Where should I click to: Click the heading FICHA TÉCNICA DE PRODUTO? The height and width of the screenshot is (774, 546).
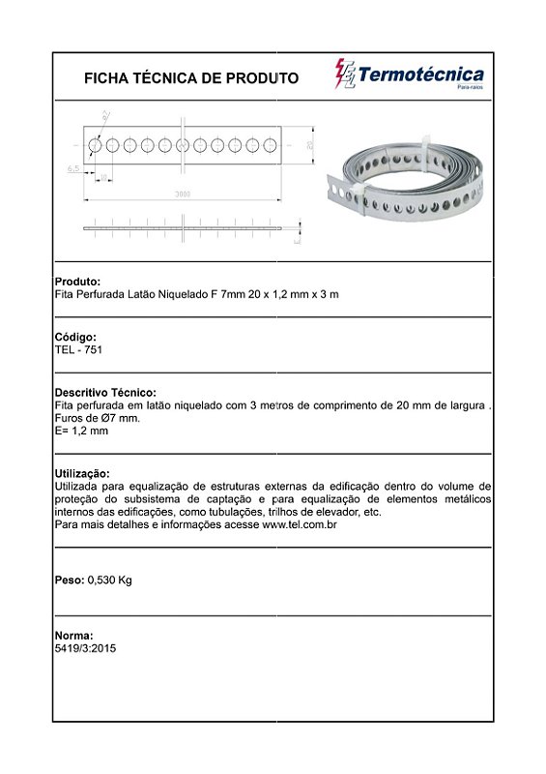(191, 78)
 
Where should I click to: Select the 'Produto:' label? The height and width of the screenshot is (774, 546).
(77, 282)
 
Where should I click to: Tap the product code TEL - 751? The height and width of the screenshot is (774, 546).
(78, 349)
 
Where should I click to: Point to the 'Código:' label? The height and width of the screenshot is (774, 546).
(75, 337)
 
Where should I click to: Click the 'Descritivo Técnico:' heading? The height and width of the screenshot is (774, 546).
(105, 392)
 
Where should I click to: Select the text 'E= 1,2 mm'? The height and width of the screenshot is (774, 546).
(81, 431)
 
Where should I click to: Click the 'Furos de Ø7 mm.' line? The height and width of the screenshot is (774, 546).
(98, 418)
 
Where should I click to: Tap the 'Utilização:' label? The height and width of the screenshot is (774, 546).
(82, 473)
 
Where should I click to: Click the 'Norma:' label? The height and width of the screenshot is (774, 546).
(73, 636)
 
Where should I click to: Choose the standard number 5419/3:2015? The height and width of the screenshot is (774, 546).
(85, 648)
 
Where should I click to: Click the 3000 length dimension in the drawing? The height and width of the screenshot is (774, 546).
(183, 194)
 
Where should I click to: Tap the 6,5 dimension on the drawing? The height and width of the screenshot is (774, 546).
(73, 169)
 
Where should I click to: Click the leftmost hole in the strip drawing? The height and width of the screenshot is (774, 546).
(96, 145)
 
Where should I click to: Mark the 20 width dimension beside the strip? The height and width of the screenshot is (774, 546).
(309, 144)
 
